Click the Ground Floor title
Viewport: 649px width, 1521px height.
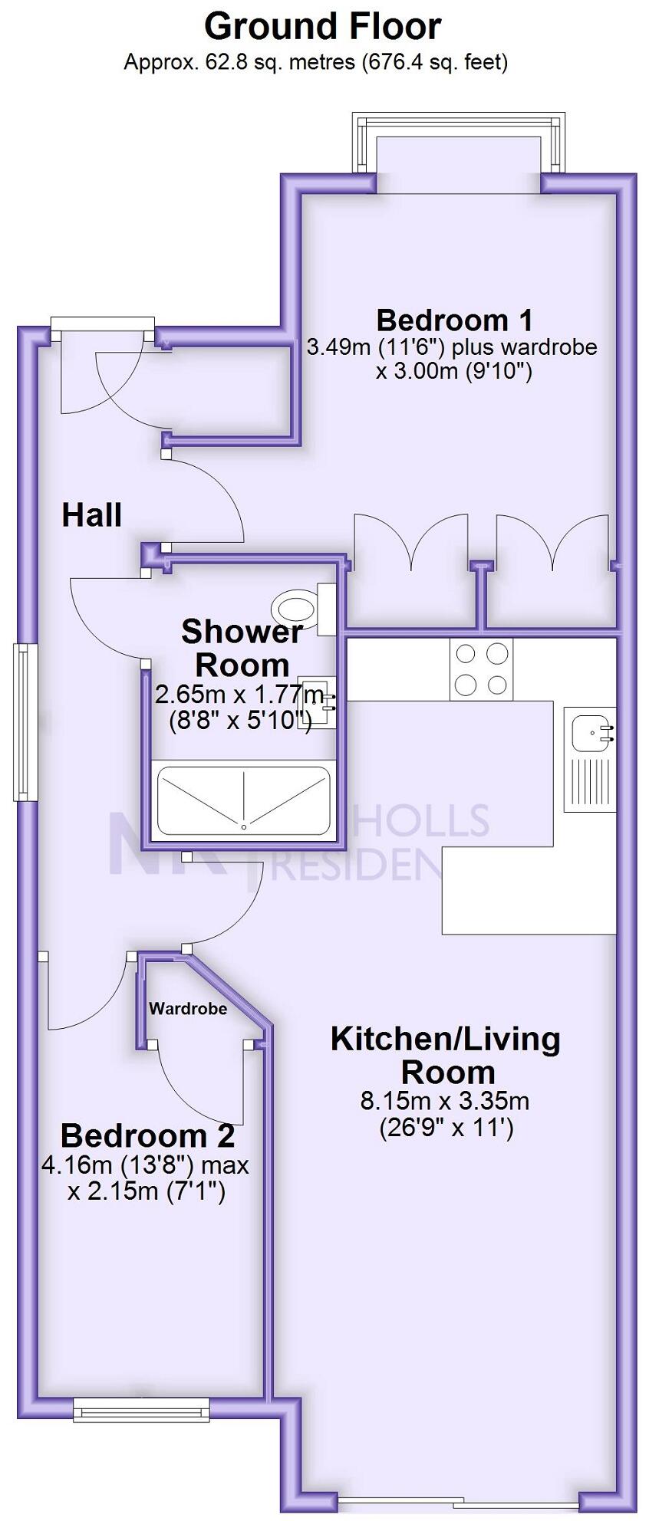click(x=323, y=27)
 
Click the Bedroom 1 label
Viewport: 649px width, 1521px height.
click(x=454, y=320)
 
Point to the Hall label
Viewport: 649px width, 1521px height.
click(x=91, y=515)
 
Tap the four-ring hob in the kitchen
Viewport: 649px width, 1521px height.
click(x=481, y=669)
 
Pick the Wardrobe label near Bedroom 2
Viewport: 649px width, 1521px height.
click(x=188, y=1009)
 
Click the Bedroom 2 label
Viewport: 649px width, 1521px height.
click(x=147, y=1135)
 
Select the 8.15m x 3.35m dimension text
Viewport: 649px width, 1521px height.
click(x=445, y=1102)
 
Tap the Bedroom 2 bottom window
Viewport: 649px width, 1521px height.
click(x=141, y=1409)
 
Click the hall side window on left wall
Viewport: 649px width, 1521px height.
click(x=25, y=721)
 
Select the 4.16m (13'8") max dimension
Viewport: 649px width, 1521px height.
click(x=146, y=1166)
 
